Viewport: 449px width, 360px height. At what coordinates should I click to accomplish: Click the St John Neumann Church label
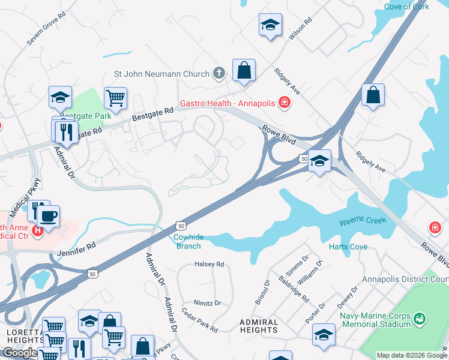click(161, 74)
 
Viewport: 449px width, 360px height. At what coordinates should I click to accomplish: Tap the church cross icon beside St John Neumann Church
click(219, 74)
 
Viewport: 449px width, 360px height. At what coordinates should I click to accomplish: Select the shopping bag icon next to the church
click(244, 71)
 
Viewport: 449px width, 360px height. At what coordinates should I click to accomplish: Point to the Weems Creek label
click(363, 221)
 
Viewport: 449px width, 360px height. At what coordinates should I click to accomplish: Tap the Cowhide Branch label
click(188, 241)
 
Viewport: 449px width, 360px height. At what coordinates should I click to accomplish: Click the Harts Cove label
click(344, 247)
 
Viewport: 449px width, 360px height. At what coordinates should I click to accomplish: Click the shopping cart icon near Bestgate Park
click(115, 98)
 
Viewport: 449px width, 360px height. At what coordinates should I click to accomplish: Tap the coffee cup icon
click(49, 215)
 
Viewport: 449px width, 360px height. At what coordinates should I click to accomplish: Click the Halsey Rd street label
click(209, 264)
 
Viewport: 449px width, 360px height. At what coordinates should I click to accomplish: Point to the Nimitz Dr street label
click(207, 303)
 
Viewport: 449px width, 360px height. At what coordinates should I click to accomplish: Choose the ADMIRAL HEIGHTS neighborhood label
click(260, 326)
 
